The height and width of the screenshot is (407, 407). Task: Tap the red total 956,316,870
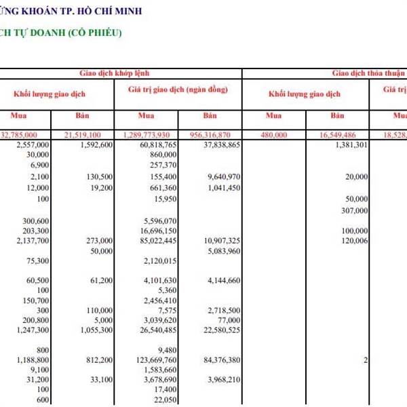(214, 135)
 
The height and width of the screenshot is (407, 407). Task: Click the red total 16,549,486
(345, 135)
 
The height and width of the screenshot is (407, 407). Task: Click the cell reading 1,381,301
(351, 145)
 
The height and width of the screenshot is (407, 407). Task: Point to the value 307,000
(354, 210)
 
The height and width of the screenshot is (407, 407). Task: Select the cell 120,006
(354, 241)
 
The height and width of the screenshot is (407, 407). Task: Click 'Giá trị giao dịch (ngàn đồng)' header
(178, 90)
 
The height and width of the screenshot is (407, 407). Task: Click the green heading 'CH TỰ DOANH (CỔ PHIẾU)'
(61, 32)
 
